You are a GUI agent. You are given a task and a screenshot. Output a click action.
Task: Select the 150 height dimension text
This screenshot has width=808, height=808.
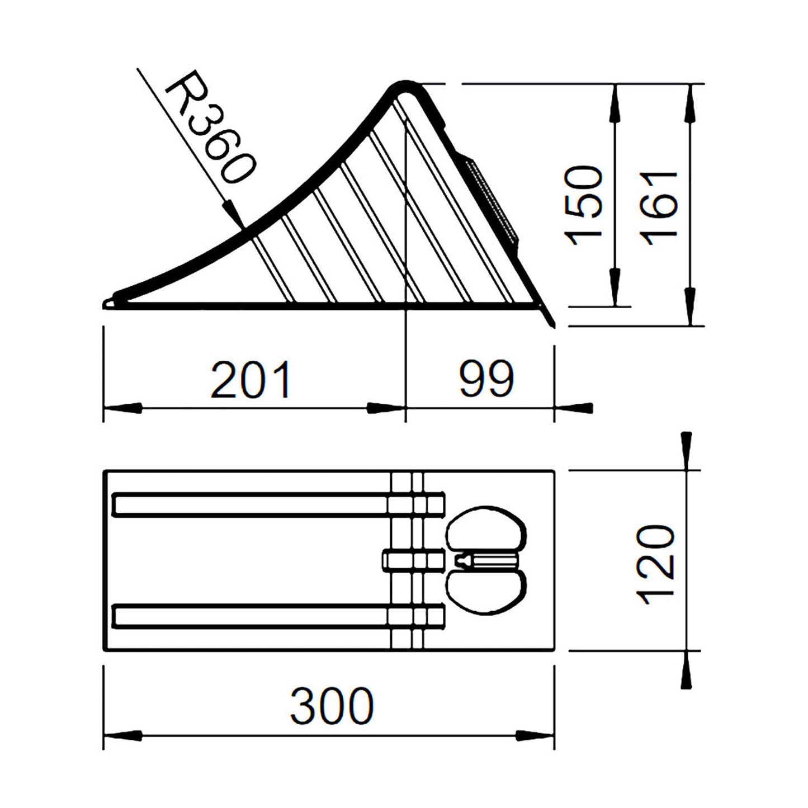pos(585,205)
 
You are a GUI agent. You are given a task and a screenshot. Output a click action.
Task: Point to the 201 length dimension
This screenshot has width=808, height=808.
pos(251,380)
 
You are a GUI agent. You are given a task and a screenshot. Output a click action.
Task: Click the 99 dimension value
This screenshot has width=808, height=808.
pos(485,380)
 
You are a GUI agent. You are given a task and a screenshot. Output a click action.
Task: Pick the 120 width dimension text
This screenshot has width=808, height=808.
pos(658,565)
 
